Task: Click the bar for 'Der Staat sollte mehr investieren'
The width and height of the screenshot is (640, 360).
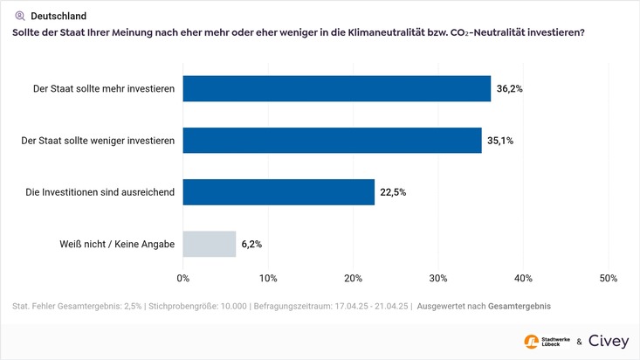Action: click(x=336, y=88)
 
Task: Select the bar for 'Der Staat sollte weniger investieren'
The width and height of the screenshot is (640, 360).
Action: click(x=332, y=140)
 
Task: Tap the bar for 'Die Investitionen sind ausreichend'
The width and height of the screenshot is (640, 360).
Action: click(x=279, y=192)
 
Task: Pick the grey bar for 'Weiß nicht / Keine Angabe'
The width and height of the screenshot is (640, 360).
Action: click(x=210, y=244)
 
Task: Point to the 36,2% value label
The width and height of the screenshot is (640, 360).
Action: click(x=510, y=88)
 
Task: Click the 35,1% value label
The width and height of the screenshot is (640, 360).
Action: click(x=501, y=140)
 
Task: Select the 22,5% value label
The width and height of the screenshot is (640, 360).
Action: click(x=393, y=192)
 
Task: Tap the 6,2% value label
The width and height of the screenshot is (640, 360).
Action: click(x=251, y=244)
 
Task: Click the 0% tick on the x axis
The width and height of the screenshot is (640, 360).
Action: click(x=183, y=278)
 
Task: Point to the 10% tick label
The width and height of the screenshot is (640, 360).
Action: click(x=268, y=278)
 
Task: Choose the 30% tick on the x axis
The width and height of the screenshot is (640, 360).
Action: click(x=438, y=278)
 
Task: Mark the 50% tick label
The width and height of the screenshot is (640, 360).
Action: click(x=609, y=278)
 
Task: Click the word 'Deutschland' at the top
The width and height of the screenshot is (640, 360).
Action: click(x=58, y=16)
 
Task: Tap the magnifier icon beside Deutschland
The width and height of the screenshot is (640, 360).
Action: click(x=19, y=16)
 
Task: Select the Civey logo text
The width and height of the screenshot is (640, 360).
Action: click(x=608, y=342)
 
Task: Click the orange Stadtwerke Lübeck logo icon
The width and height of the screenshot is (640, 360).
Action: click(x=531, y=342)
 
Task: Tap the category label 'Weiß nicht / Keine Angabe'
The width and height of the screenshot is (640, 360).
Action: click(x=111, y=244)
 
